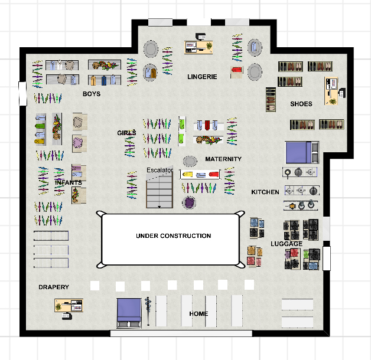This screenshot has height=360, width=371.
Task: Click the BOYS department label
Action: coord(92,94)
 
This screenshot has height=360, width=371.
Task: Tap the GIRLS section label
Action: coord(126,133)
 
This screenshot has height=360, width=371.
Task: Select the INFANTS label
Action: coord(68,183)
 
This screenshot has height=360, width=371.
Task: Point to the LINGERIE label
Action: coord(203,77)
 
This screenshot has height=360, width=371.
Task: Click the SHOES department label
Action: coord(301,104)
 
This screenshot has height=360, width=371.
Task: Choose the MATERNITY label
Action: coord(223,159)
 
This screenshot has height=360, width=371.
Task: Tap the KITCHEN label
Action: coord(265,192)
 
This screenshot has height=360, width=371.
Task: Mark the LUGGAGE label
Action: coord(287,244)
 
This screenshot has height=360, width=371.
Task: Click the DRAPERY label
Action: coord(54,287)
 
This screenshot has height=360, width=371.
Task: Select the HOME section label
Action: coord(198,313)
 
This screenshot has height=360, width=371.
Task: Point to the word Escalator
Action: coord(160,171)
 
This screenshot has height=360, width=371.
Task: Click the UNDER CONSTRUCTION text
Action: coord(173,236)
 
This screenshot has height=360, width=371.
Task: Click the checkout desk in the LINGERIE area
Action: coord(200,45)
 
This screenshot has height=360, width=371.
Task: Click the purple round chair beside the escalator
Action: coord(189,203)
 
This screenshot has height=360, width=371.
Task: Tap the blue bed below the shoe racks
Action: coord(302,152)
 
